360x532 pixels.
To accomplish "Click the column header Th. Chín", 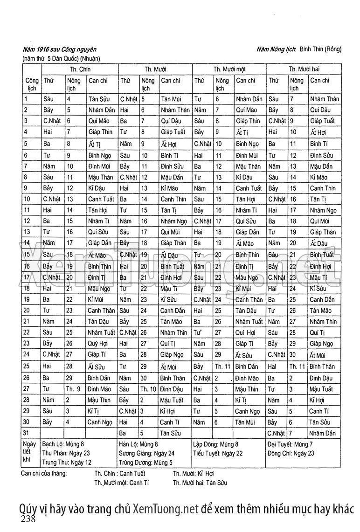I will pos(80,69).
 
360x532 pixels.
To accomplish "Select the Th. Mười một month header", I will pos(229,69).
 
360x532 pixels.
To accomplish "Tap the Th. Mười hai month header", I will pos(304,69).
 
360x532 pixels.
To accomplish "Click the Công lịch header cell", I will pos(32,84).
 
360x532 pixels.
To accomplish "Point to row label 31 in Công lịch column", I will pos(27,433).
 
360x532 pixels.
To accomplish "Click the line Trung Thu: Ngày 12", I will pos(67,462).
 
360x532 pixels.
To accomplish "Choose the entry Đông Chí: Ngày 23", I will pos(291,453).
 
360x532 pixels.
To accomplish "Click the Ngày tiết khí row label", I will pos(30,453).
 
